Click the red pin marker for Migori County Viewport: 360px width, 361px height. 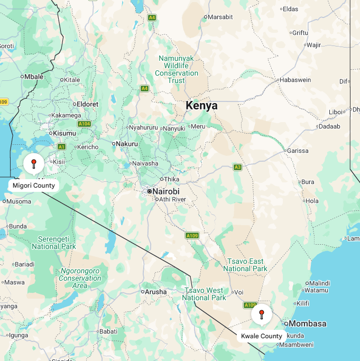pos(34,163)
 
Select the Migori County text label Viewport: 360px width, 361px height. pos(34,186)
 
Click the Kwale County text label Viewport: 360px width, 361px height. pos(262,336)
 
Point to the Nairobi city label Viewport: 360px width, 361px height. pos(165,191)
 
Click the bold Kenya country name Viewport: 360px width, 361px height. pos(201,106)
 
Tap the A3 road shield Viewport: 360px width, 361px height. pos(238,167)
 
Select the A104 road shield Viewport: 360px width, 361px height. pos(84,124)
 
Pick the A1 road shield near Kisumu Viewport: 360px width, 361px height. pos(62,146)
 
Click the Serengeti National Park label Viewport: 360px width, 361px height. pos(53,243)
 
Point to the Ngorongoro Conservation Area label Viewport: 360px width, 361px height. pos(80,278)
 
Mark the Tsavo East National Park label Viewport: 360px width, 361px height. pos(245,265)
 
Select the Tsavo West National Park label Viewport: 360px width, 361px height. pos(204,294)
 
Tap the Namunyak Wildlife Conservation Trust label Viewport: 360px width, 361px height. pos(177,69)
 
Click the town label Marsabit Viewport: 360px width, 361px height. pos(220,17)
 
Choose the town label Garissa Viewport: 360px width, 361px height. pos(297,151)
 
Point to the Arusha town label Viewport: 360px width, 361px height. pos(155,292)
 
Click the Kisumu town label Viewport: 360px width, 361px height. pos(64,133)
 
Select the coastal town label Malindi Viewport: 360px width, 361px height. pos(319,283)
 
